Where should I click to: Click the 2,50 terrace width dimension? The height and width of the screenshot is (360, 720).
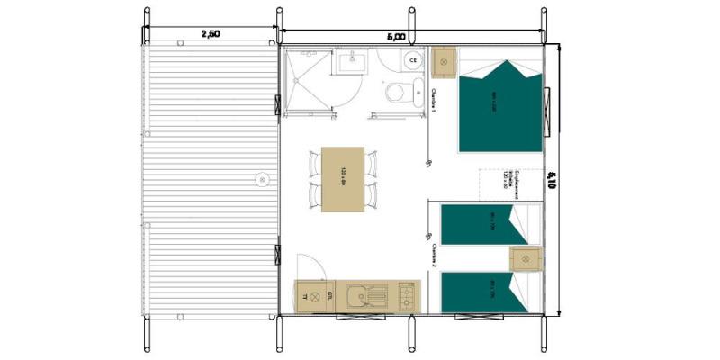[210, 33]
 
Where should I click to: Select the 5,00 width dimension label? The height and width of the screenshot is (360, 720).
[396, 37]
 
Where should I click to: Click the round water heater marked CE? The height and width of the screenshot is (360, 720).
[412, 60]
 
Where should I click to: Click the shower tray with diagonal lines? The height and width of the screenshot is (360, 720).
[307, 81]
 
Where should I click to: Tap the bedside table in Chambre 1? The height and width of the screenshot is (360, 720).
[444, 62]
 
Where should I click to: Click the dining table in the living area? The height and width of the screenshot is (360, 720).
[343, 179]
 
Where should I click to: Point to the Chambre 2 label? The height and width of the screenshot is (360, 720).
[434, 257]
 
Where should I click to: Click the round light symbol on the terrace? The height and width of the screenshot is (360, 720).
[261, 178]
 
